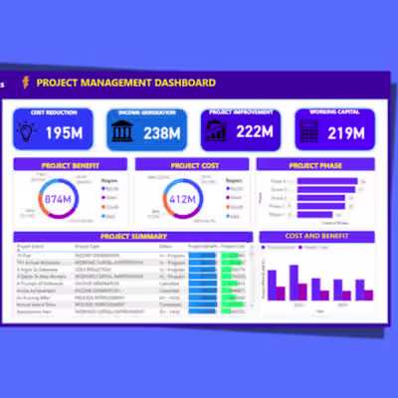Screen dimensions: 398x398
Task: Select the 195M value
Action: tap(63, 132)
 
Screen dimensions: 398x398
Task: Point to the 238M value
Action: tap(160, 132)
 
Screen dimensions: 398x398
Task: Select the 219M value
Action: tap(348, 132)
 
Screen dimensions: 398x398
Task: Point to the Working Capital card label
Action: tap(335, 112)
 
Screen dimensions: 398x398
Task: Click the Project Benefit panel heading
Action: tap(70, 164)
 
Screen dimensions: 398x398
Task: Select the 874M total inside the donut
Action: tap(57, 198)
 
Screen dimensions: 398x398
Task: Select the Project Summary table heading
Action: tap(133, 237)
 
